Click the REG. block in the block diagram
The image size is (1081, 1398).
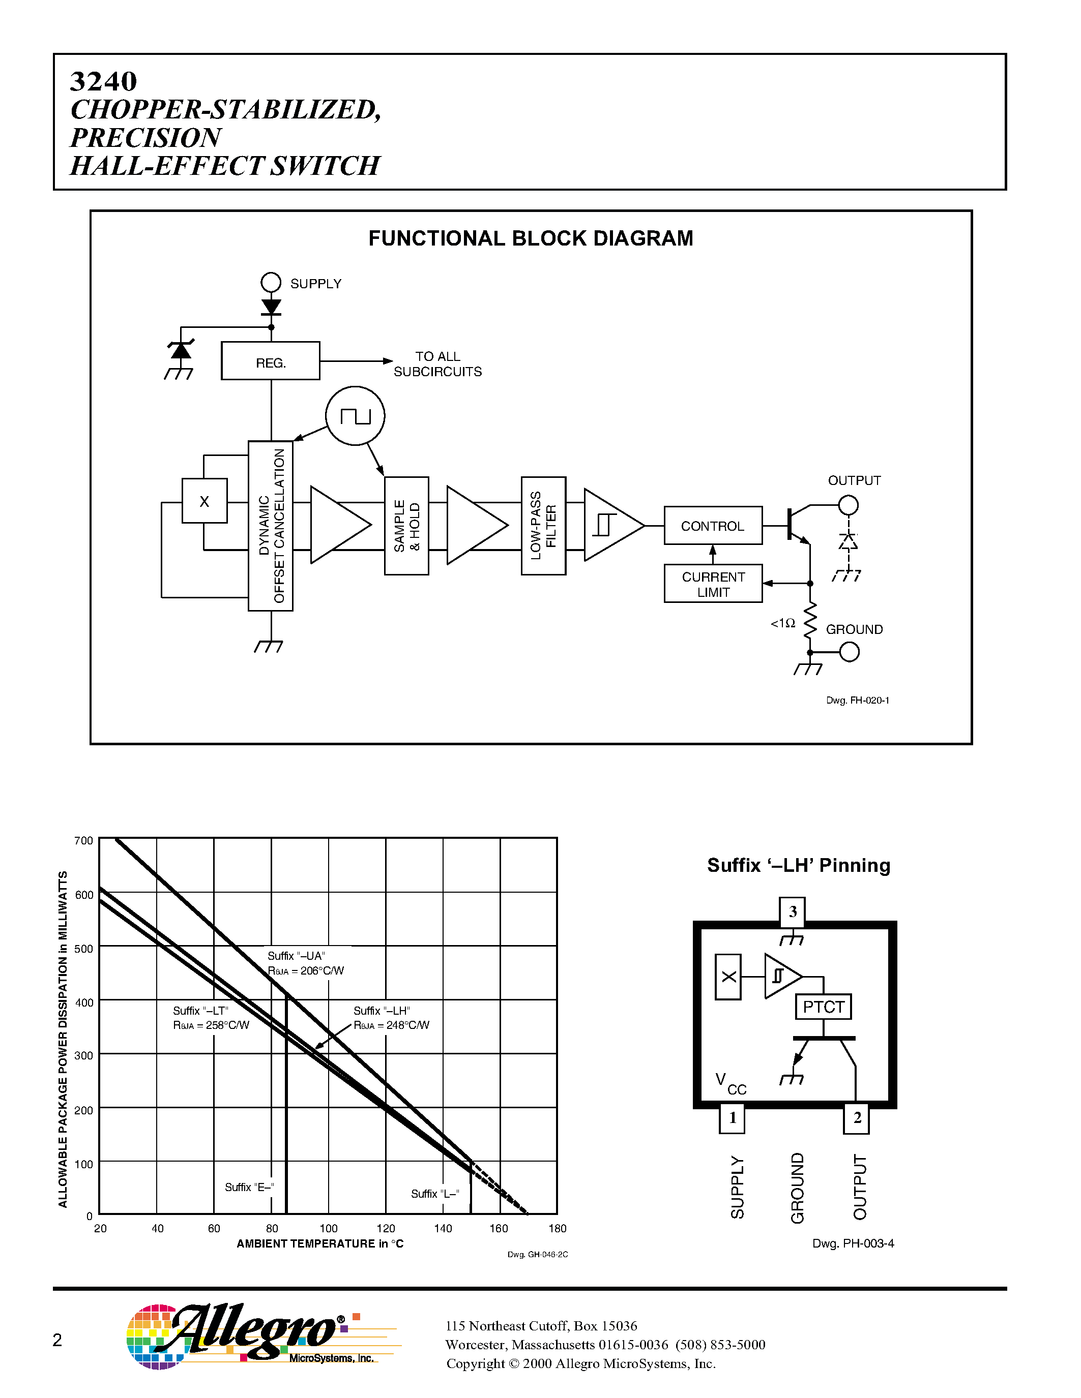tap(270, 361)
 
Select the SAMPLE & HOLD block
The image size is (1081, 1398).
tap(406, 526)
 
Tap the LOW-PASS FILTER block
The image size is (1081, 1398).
tap(543, 526)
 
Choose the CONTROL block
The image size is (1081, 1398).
tap(713, 526)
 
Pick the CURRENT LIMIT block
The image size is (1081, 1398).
tap(713, 584)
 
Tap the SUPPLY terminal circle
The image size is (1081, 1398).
tap(271, 282)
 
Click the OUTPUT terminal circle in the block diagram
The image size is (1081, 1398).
tap(849, 505)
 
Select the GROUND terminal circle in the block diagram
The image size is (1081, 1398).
tap(849, 652)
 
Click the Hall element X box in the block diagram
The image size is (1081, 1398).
tap(204, 501)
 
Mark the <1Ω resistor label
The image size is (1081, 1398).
tap(782, 623)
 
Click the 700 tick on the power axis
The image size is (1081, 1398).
tap(84, 840)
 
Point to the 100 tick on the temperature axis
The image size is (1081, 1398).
tap(329, 1228)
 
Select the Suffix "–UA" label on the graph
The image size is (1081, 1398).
tap(296, 956)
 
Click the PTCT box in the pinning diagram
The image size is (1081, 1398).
tap(824, 1007)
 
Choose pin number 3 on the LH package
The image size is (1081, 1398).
tap(792, 911)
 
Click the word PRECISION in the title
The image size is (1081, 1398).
tap(146, 138)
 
